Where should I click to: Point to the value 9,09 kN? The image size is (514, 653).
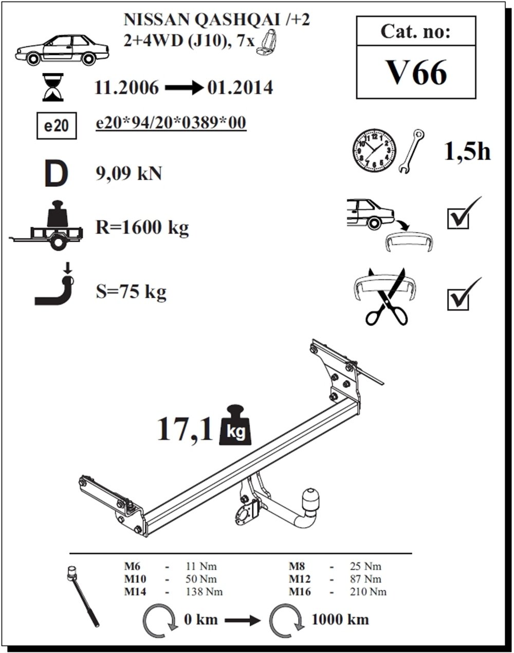pyautogui.click(x=128, y=174)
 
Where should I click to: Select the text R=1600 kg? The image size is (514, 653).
pyautogui.click(x=142, y=226)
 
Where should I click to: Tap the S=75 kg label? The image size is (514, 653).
pyautogui.click(x=131, y=292)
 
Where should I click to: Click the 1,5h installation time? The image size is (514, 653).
pyautogui.click(x=467, y=151)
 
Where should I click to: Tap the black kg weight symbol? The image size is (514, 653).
pyautogui.click(x=236, y=426)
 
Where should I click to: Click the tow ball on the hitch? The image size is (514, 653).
pyautogui.click(x=312, y=498)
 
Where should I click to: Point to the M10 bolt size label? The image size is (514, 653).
pyautogui.click(x=135, y=579)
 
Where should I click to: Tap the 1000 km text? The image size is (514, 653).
pyautogui.click(x=340, y=620)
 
